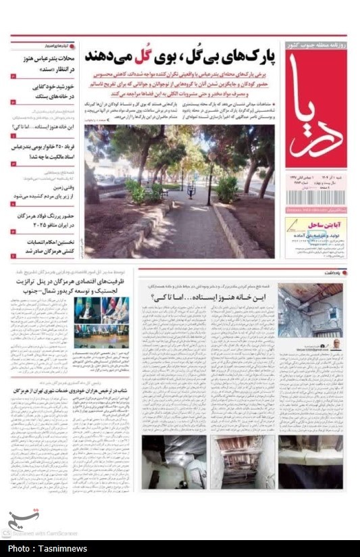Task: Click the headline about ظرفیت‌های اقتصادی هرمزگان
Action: [x=74, y=285]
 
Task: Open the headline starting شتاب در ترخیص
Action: [x=74, y=391]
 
